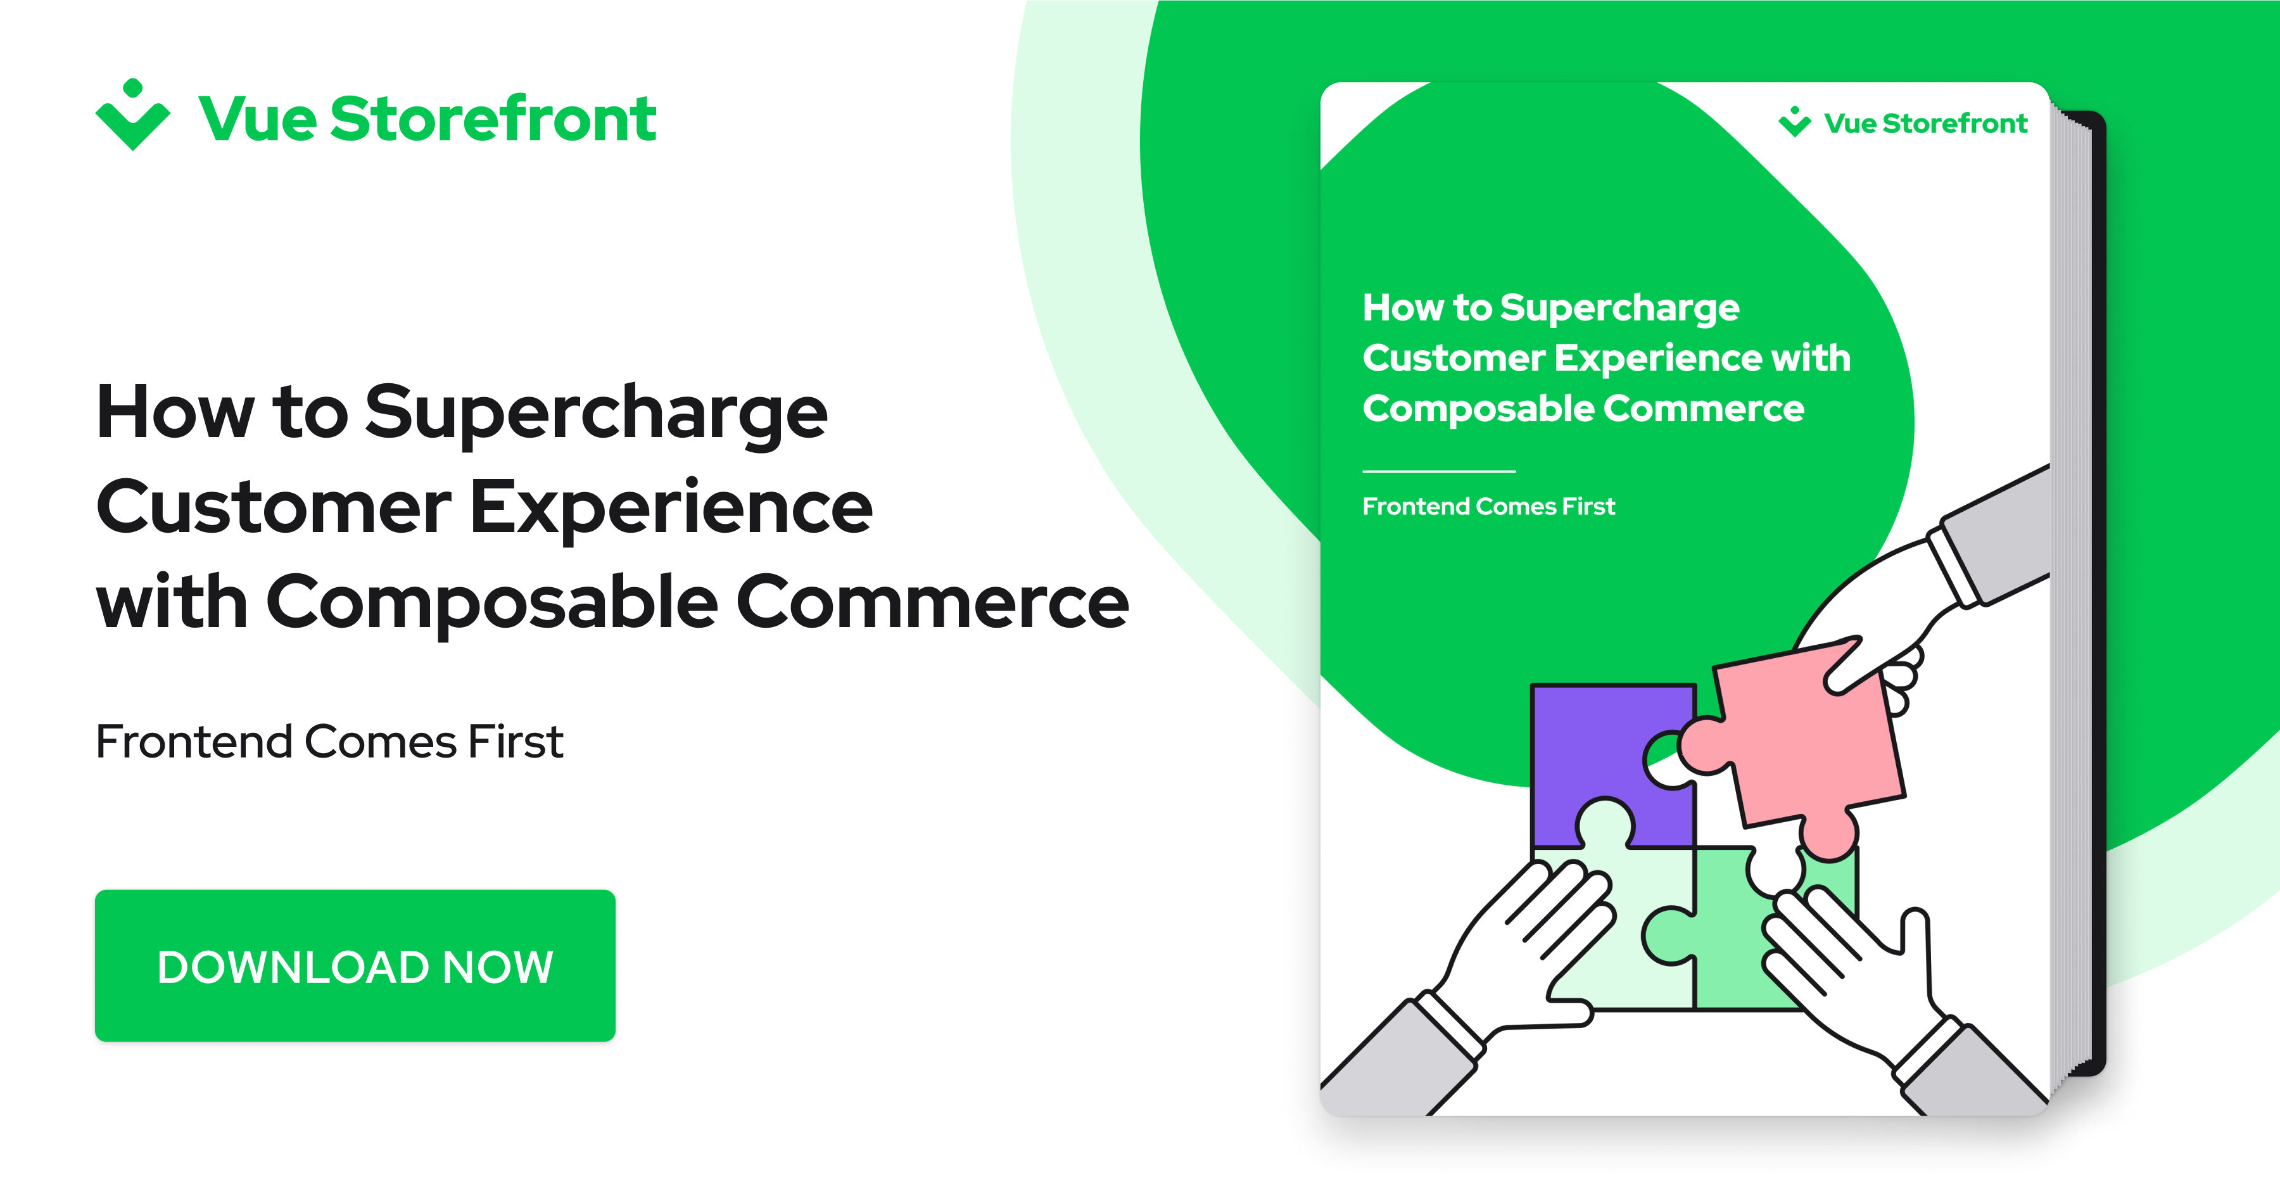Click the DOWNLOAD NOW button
click(x=355, y=965)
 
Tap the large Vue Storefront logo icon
click(x=133, y=116)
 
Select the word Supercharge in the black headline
click(x=596, y=414)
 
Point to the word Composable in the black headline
click(x=492, y=602)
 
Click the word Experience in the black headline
click(x=671, y=508)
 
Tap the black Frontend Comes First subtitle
click(x=329, y=742)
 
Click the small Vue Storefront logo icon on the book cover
click(x=1794, y=122)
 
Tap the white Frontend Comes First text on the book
click(x=1489, y=506)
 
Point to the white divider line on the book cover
click(x=1439, y=471)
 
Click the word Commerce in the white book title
click(x=1704, y=409)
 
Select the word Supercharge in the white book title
click(x=1619, y=308)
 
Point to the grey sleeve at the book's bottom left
click(x=1398, y=1062)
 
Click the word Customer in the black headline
click(x=274, y=508)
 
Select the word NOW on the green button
click(x=497, y=967)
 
